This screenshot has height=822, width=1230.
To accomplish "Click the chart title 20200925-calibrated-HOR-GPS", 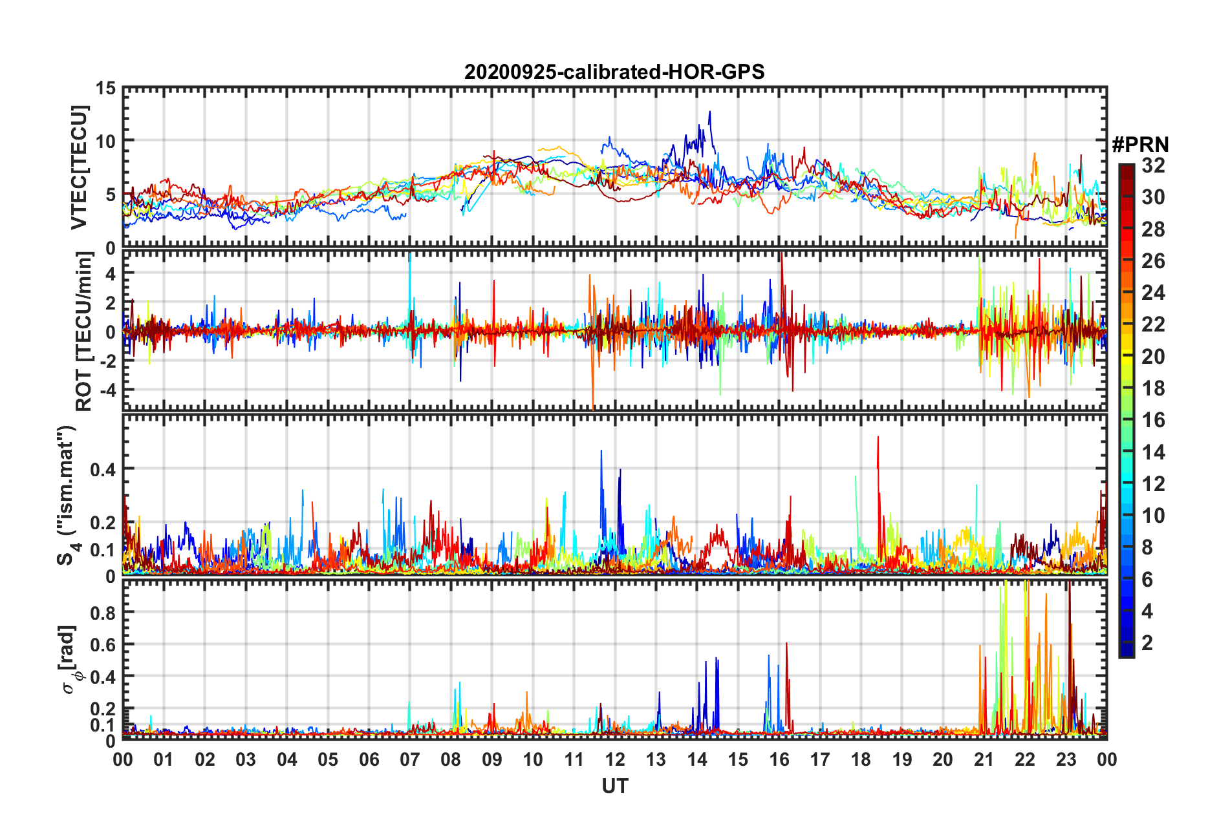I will pos(614,72).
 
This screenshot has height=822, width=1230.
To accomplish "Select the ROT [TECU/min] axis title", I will pos(84,332).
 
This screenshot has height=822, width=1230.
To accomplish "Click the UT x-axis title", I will pos(614,786).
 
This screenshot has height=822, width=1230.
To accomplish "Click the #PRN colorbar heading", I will pos(1140,145).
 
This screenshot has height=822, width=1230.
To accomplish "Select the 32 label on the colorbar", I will pos(1153,165).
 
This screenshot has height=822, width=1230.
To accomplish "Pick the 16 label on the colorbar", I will pos(1153,420).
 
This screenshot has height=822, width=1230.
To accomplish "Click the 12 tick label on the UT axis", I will pos(615,759).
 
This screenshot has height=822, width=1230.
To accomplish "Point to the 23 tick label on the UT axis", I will pos(1066,759).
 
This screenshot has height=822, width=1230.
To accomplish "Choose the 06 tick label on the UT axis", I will pos(369,759).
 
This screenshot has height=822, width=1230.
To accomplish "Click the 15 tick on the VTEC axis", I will pos(106,88).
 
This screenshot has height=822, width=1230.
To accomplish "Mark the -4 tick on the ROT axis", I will pos(106,390).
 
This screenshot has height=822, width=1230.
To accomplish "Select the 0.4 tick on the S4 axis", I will pos(102,469).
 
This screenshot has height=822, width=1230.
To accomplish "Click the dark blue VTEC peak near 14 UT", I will pos(709,112).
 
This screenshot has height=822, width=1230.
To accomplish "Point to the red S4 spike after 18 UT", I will pos(878,438).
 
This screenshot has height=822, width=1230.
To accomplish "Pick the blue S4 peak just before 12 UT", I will pos(601,452).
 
